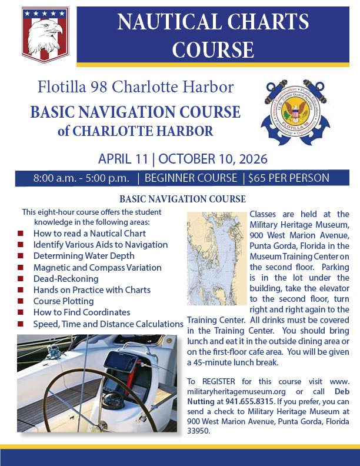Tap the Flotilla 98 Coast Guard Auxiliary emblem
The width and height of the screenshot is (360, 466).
[295, 112]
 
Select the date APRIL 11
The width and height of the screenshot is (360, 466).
[125, 159]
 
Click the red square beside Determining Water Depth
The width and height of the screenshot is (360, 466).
[21, 256]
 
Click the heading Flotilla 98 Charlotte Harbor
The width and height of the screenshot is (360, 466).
[135, 88]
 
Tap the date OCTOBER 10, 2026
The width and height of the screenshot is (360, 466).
[212, 159]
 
